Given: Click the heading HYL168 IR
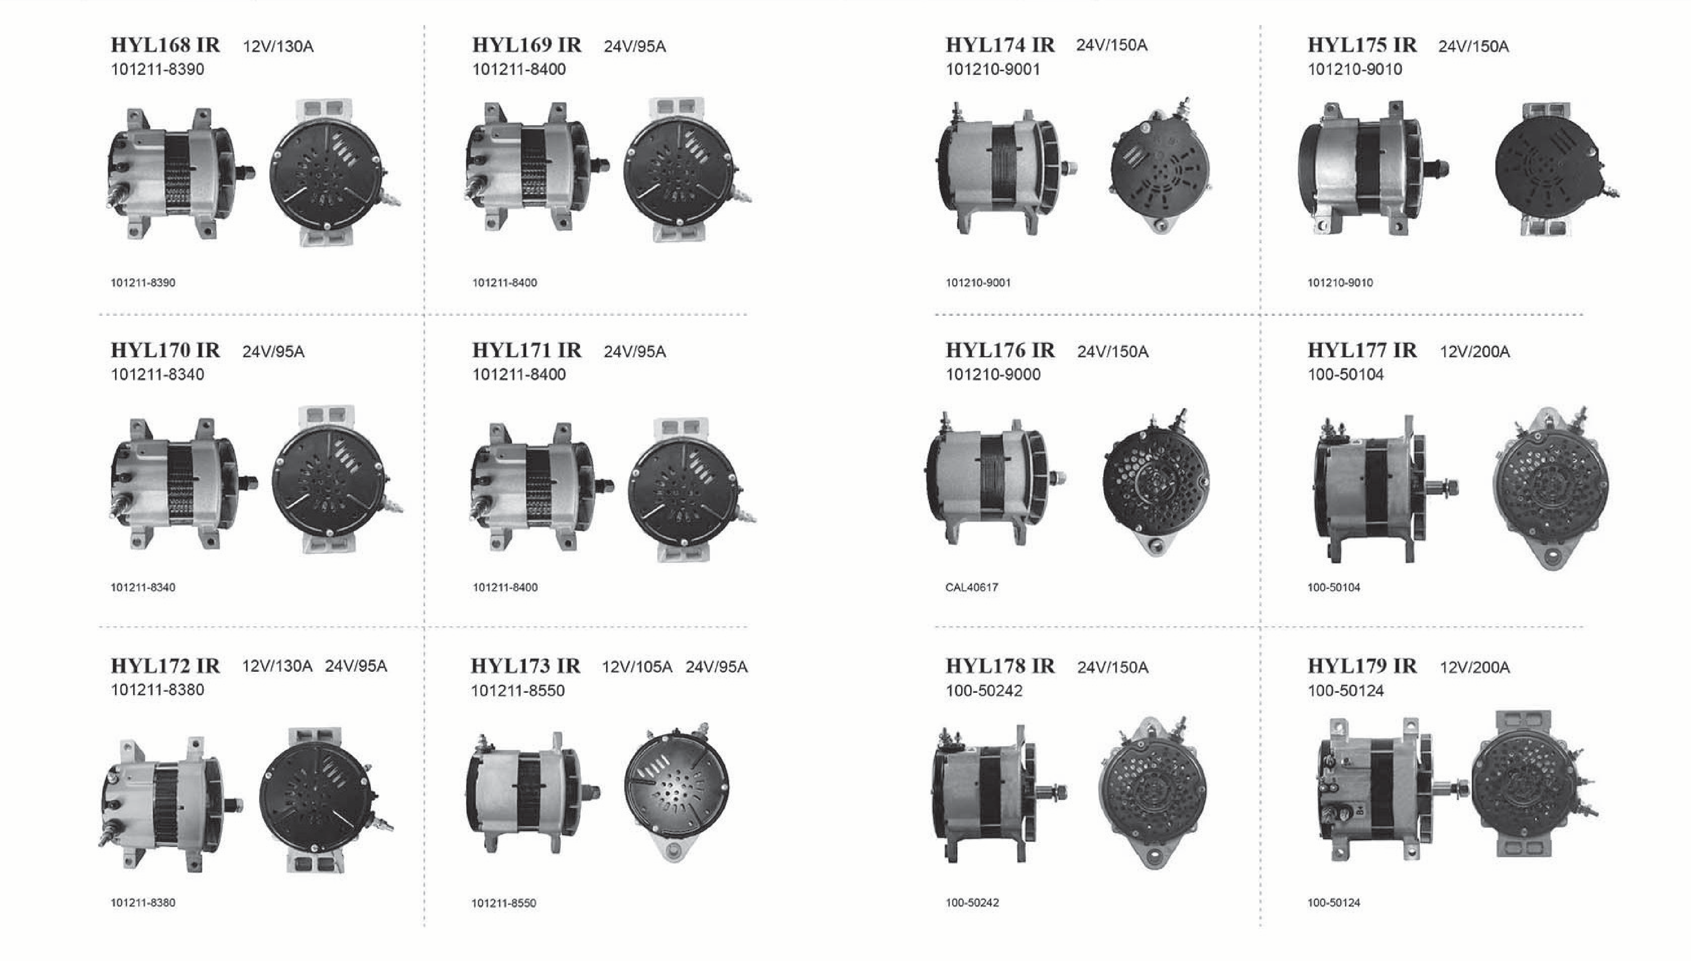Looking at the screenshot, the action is point(165,45).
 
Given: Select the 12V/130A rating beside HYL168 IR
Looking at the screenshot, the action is point(278,46).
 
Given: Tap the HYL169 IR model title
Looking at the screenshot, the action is point(527,45).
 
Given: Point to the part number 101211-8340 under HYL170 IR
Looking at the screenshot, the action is point(157,374).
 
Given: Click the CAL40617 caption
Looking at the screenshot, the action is point(972,587).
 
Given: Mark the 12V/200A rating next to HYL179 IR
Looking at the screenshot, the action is point(1475,667).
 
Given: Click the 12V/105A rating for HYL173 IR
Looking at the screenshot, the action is point(637,667).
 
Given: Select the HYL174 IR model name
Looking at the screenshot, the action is point(1000,45).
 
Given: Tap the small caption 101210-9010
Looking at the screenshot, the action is point(1340,282).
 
